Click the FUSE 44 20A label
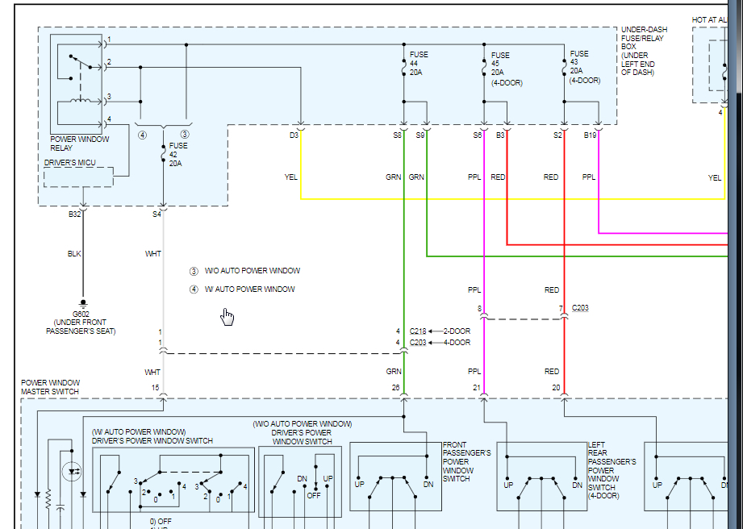pos(419,64)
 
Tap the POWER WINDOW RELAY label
pos(79,144)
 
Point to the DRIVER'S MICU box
pos(78,176)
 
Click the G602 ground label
pos(81,314)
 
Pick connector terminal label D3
pos(294,135)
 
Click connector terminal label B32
pos(75,214)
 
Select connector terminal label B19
pos(591,135)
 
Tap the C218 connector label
pos(418,331)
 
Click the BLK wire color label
pos(74,254)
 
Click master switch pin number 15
pos(157,388)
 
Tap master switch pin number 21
pos(478,388)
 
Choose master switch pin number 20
pos(557,388)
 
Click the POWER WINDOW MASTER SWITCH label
pos(50,387)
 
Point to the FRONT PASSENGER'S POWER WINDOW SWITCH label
pos(466,462)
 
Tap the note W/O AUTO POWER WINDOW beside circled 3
pos(252,271)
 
